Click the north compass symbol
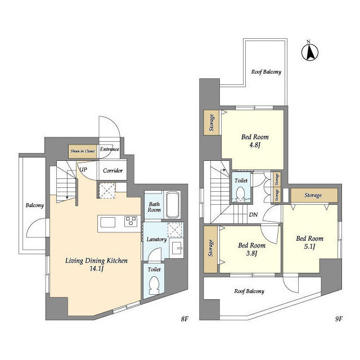[310, 52]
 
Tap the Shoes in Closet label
[83, 151]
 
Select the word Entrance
[110, 149]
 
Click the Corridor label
[112, 170]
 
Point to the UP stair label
[83, 169]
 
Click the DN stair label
[253, 215]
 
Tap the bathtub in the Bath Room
[173, 205]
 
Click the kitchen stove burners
[131, 221]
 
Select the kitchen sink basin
[107, 222]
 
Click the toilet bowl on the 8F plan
[154, 285]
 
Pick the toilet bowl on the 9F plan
[240, 193]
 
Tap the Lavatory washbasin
[177, 247]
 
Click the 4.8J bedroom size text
[255, 145]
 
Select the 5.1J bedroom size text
[310, 246]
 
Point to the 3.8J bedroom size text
[251, 254]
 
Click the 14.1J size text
[97, 268]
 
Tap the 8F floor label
[184, 319]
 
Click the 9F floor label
[339, 319]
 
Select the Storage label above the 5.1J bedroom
[313, 195]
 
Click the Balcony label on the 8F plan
[35, 205]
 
